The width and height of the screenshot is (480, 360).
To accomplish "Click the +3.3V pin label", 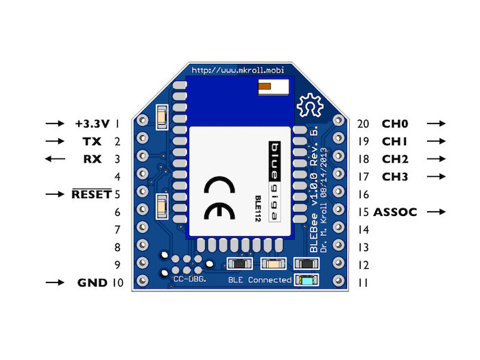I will (93, 124).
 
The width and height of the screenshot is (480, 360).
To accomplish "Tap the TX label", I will (91, 142).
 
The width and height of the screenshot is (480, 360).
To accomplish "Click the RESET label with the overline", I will (91, 195).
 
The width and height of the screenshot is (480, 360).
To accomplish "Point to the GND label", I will (92, 283).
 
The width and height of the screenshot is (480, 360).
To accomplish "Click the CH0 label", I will (395, 124).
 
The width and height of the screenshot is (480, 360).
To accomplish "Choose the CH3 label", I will (395, 177).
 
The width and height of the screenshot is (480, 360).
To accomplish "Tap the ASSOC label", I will (395, 213).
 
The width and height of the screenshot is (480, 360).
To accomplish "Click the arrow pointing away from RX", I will (54, 159).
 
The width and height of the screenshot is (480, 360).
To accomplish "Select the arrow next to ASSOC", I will (436, 213).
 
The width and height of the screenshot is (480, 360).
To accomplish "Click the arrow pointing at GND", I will (54, 283).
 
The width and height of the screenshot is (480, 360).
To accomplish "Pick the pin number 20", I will (363, 124).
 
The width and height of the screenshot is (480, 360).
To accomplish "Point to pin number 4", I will (118, 177).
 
